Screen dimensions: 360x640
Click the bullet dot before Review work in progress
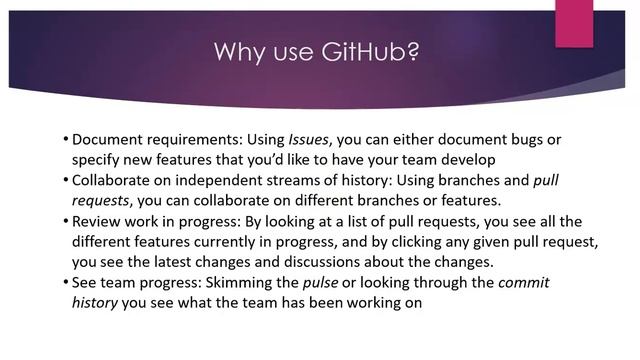(65, 221)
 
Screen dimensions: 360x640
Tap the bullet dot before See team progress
(65, 283)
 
